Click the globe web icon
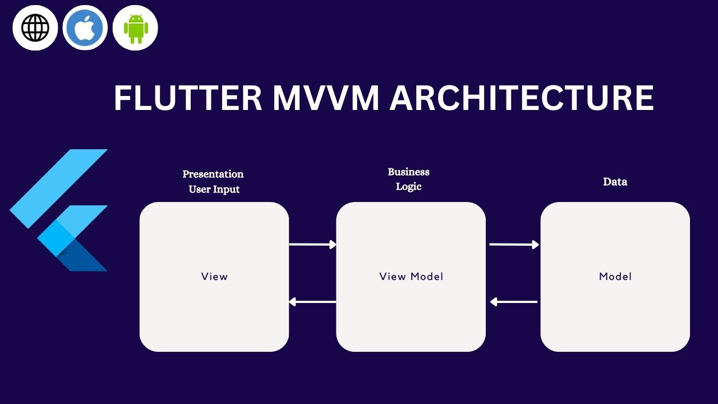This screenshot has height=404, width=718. click(35, 28)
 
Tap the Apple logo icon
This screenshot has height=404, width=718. click(85, 28)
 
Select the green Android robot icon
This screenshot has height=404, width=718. click(135, 28)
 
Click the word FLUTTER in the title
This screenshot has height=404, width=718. click(188, 98)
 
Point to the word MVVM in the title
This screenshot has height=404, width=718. click(326, 98)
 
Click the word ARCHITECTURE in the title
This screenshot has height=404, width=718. click(522, 98)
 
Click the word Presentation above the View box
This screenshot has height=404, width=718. click(213, 174)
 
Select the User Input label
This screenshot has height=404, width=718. click(214, 189)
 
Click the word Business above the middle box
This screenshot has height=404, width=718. click(408, 172)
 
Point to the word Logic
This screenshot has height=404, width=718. click(408, 186)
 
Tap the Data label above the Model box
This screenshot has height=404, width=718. click(615, 182)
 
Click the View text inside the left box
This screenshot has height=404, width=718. click(214, 276)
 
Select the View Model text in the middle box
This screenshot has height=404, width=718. click(411, 276)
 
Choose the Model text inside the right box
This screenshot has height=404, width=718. click(615, 276)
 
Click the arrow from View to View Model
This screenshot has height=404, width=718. click(312, 244)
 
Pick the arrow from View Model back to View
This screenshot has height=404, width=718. click(312, 302)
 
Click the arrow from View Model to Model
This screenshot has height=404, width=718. click(514, 244)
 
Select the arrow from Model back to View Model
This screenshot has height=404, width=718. click(514, 302)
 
